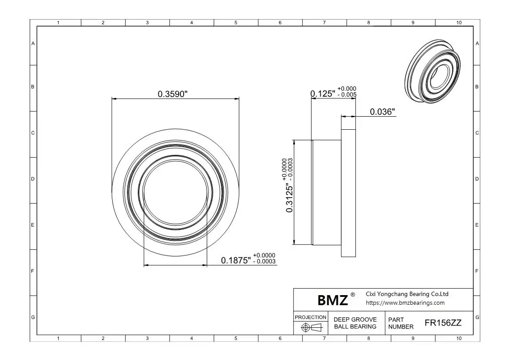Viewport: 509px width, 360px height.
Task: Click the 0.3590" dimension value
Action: click(173, 94)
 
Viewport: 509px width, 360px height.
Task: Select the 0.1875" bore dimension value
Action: click(236, 260)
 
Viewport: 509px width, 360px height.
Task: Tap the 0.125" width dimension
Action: click(323, 94)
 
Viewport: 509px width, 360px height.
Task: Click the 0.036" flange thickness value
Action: click(382, 112)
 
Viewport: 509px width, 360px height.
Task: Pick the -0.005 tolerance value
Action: click(347, 94)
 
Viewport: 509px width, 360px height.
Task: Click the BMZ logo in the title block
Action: click(333, 300)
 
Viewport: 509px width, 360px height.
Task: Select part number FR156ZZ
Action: click(443, 323)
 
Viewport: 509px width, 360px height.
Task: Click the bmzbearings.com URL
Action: click(405, 303)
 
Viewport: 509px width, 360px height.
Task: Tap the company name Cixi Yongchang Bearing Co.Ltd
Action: click(407, 294)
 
